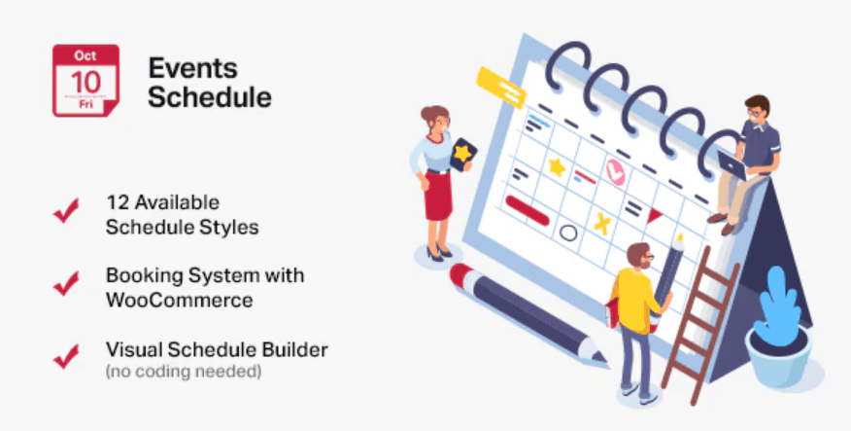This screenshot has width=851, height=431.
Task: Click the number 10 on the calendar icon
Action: coord(85,82)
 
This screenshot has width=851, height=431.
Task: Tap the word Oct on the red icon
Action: coord(85,55)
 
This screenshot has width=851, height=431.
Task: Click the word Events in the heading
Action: coord(193,68)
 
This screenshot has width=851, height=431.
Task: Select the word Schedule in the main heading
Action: coord(210,97)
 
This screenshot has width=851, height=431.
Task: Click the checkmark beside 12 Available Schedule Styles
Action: coord(66,211)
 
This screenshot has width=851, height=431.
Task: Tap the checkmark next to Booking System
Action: coord(66,283)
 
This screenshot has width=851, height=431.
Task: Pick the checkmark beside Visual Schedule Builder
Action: coord(66,356)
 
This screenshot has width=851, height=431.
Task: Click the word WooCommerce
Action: coord(180,300)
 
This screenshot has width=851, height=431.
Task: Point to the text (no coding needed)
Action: coord(184,373)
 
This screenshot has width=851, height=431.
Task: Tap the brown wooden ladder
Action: coord(700,325)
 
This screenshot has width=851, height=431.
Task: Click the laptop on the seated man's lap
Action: coord(732,165)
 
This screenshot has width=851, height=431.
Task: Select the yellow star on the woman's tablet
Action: coord(462,154)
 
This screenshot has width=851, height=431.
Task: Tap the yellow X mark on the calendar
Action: coord(602,223)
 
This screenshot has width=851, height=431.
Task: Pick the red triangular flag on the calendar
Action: coord(654,216)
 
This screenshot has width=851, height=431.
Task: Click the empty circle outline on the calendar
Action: coord(568,233)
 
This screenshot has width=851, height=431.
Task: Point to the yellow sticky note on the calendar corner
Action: coord(501,88)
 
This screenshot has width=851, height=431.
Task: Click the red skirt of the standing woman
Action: coord(438,196)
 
